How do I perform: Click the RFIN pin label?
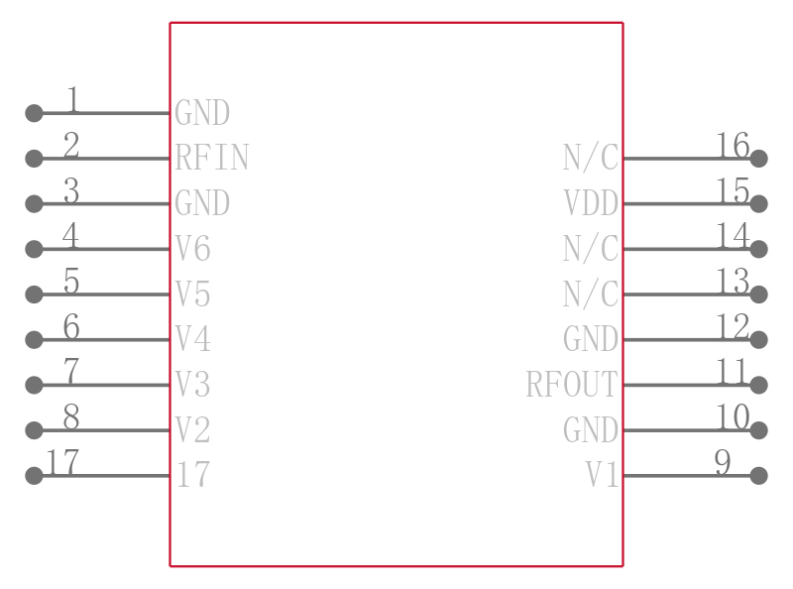[x=212, y=158]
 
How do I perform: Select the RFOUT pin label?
[x=572, y=384]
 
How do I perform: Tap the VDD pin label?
[x=591, y=203]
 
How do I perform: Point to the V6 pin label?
[x=192, y=249]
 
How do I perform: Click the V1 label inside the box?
[x=602, y=475]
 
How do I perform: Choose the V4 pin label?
[x=192, y=338]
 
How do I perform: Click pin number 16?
[x=733, y=145]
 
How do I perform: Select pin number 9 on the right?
[x=723, y=462]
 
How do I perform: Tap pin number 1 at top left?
[x=73, y=99]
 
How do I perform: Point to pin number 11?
[x=732, y=372]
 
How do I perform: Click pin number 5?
[x=71, y=281]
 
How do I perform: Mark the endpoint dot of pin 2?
[x=34, y=159]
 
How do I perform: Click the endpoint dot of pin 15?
[x=758, y=203]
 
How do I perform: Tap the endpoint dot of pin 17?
[x=34, y=476]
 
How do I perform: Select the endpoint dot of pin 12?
[x=758, y=339]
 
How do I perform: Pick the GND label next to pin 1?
[x=202, y=112]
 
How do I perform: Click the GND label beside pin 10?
[x=591, y=429]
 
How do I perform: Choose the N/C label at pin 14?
[x=591, y=249]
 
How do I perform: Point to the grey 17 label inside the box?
[x=192, y=475]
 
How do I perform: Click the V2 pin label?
[x=192, y=429]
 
